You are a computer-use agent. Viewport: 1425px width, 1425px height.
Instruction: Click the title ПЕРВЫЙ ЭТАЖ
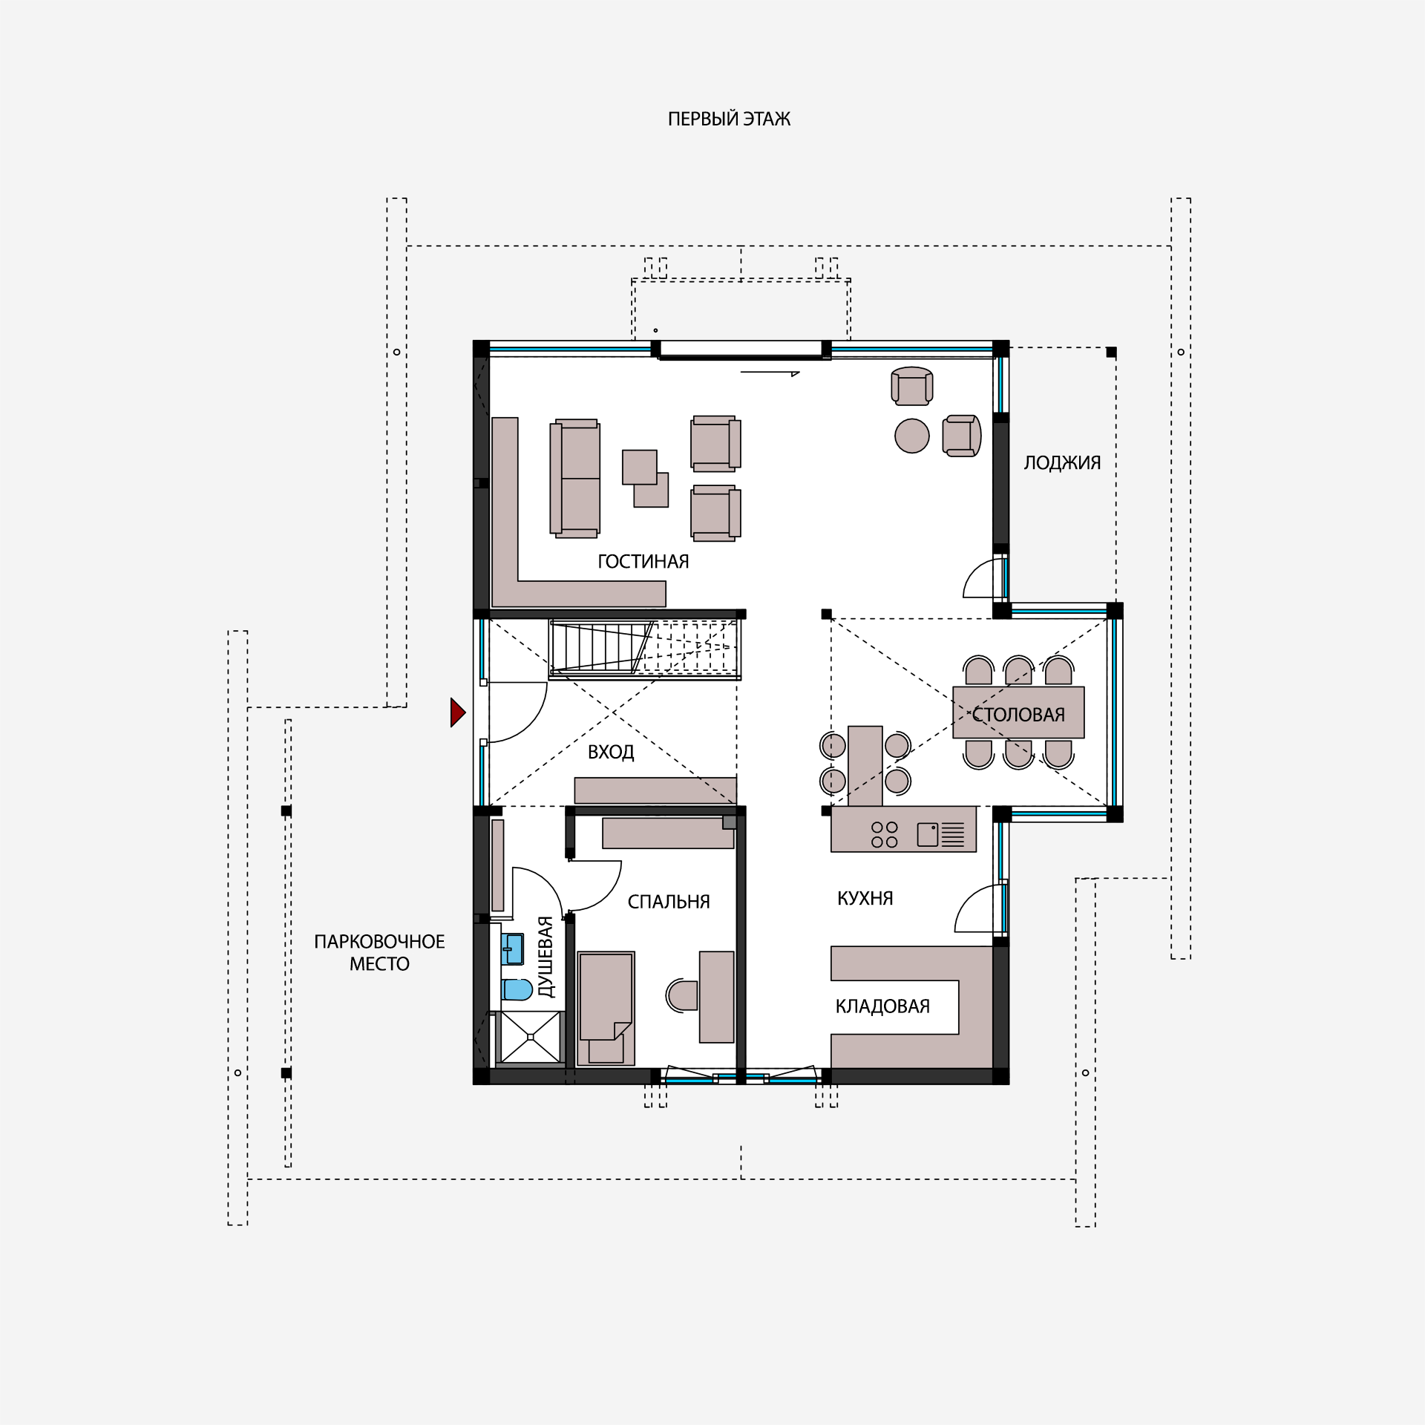coord(729,119)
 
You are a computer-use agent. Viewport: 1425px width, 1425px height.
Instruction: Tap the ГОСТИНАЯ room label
coord(643,562)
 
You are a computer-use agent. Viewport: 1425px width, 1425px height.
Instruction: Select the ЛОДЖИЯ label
coord(1062,463)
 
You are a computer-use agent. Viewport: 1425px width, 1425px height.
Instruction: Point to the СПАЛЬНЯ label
coord(669,902)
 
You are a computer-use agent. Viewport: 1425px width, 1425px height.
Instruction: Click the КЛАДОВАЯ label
coord(882,1006)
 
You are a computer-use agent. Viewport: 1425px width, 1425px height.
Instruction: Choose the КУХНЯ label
coord(865,899)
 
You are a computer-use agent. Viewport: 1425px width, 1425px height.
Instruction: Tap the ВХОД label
coord(611,753)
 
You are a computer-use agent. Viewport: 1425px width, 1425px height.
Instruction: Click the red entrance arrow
coord(458,712)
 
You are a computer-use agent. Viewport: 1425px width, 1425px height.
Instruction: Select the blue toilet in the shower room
coord(517,989)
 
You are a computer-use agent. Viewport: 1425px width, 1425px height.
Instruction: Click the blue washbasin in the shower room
coord(513,949)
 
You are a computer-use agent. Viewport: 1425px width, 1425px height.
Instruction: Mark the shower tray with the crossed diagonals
coord(531,1037)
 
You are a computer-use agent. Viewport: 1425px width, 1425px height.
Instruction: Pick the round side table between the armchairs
coord(912,436)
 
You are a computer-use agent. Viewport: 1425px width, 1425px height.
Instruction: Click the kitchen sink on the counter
coord(940,834)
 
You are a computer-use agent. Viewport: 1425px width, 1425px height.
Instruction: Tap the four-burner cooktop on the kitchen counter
coord(884,834)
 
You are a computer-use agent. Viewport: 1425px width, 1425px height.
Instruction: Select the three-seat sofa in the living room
coord(575,479)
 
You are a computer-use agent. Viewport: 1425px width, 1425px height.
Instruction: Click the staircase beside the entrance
coord(645,649)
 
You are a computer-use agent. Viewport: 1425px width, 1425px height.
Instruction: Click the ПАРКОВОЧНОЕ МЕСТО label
coord(379,953)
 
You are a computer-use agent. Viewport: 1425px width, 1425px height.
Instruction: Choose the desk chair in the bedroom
coord(682,995)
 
